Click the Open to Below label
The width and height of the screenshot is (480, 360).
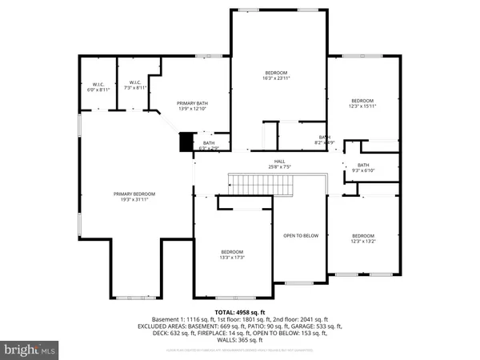point(301,235)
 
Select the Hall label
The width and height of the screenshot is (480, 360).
point(280,162)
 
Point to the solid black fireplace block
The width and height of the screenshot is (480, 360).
point(186,143)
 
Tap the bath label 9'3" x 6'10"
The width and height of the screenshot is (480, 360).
point(362,166)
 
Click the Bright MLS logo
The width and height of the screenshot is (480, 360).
point(30,349)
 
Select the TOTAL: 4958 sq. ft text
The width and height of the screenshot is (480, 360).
point(240,310)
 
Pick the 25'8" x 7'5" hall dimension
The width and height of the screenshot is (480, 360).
point(280,167)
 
